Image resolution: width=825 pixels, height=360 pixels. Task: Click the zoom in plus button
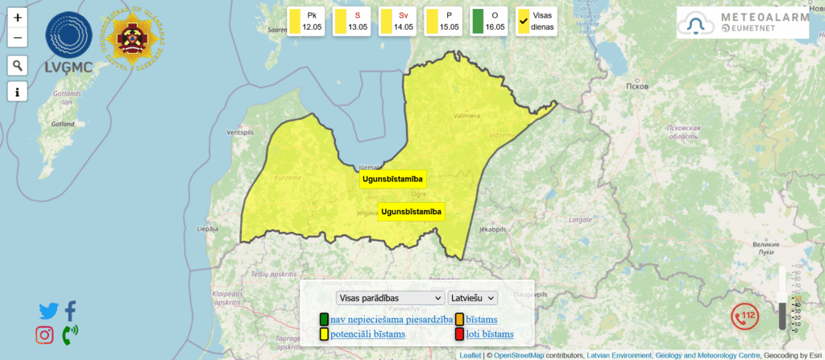click(x=18, y=17)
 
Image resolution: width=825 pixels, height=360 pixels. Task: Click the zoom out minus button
click(x=18, y=37)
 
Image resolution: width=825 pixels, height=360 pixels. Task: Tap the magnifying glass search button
click(x=18, y=65)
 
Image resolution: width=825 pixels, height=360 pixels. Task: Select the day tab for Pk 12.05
click(x=306, y=21)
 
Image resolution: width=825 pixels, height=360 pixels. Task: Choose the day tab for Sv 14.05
click(x=397, y=21)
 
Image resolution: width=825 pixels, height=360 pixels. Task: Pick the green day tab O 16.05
click(x=488, y=21)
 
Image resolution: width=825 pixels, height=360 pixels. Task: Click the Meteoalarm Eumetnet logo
click(x=742, y=23)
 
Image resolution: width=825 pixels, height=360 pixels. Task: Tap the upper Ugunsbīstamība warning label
click(x=392, y=179)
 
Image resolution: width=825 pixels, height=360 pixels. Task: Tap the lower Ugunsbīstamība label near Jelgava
click(x=411, y=212)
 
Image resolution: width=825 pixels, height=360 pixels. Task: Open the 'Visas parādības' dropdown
click(x=390, y=298)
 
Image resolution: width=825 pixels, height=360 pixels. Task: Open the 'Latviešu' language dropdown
click(x=473, y=298)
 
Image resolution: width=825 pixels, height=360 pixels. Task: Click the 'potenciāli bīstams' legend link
click(x=367, y=334)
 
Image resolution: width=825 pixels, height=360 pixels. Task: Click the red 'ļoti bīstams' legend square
click(x=459, y=334)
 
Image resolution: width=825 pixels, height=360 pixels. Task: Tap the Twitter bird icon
click(x=48, y=311)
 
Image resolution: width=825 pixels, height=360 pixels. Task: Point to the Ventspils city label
click(x=239, y=131)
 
